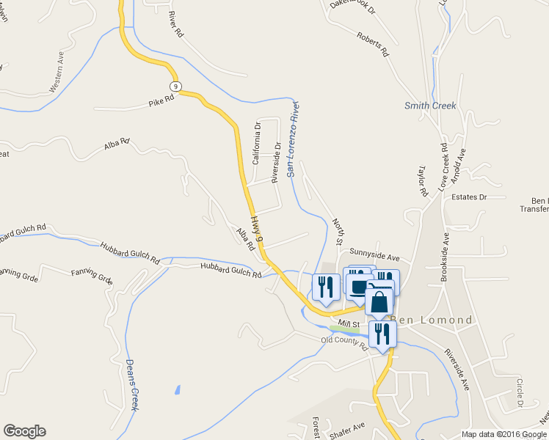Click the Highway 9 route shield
(176, 76)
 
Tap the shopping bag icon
(379, 301)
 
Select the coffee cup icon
(359, 287)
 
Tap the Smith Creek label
(430, 106)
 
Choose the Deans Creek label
(132, 384)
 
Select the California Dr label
(257, 142)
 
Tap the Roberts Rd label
(372, 45)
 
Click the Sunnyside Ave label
(374, 257)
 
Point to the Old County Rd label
(343, 341)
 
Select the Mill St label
(347, 323)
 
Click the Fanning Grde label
(92, 277)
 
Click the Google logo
(24, 431)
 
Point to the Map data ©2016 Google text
(504, 434)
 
